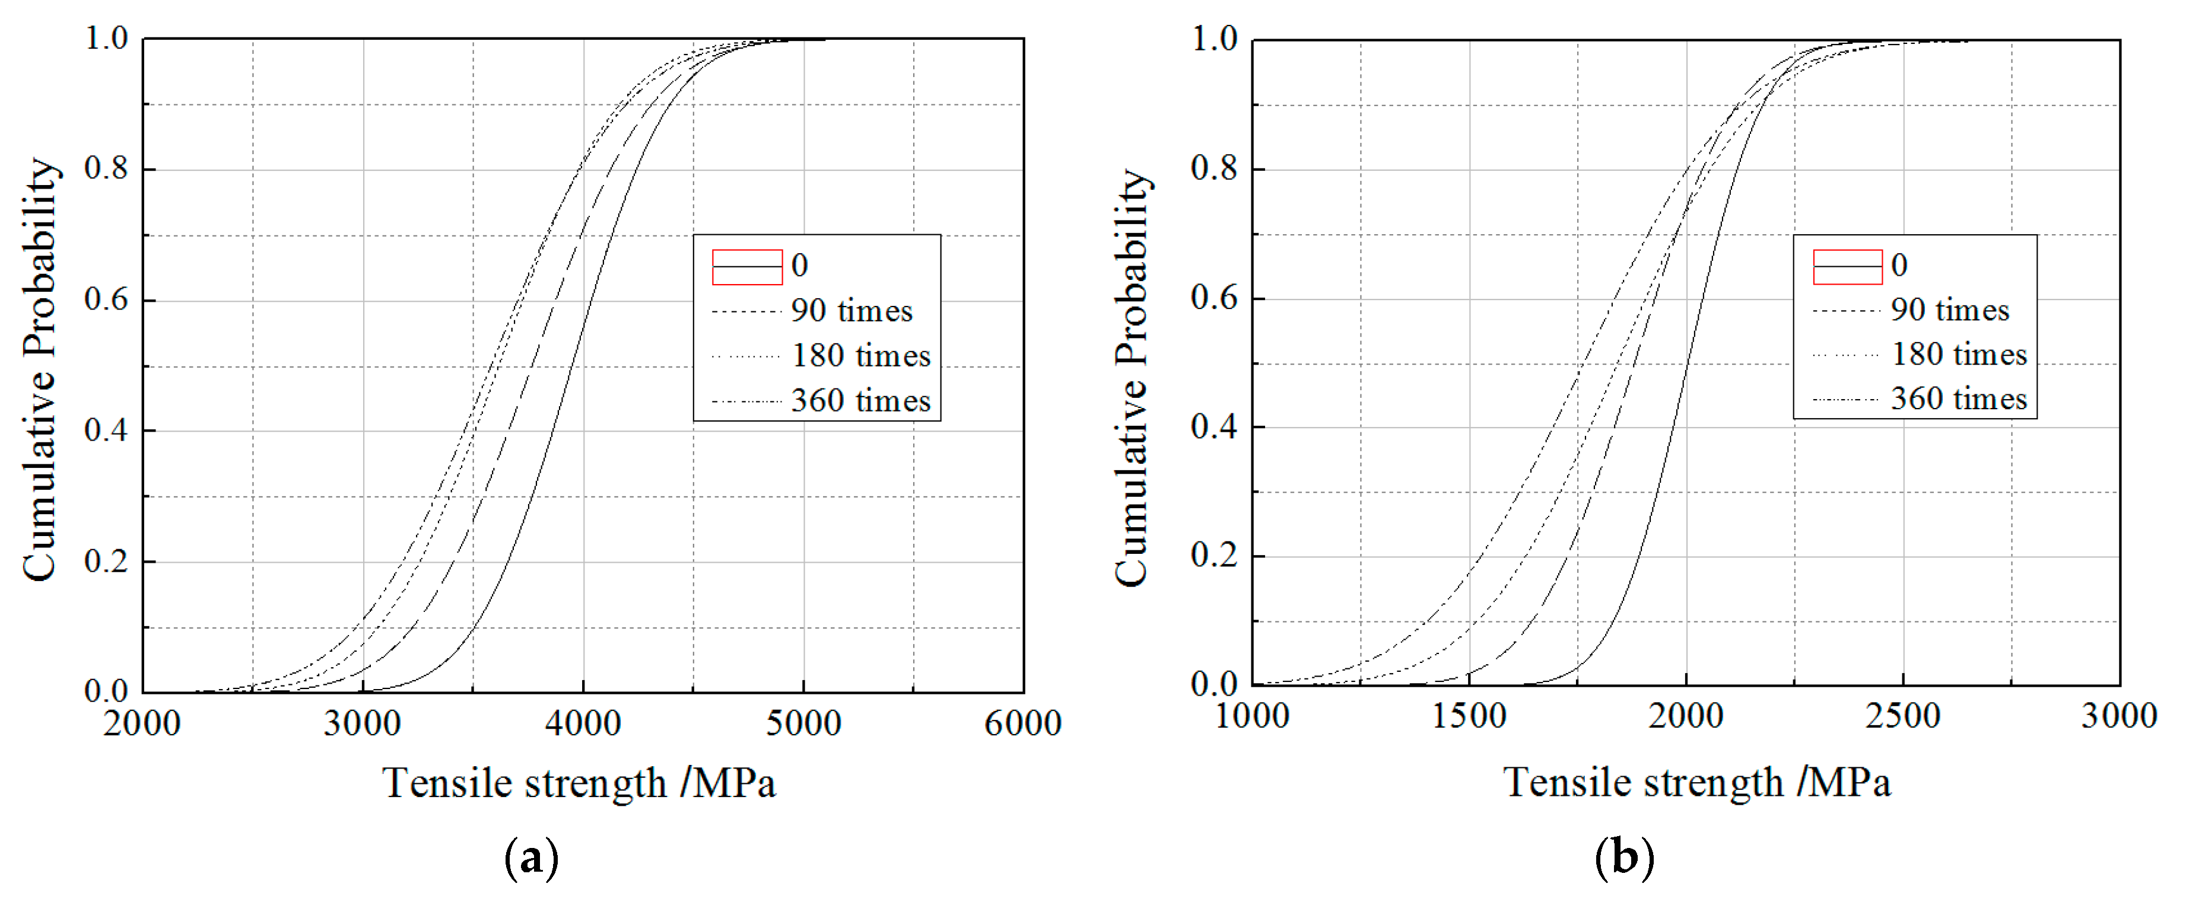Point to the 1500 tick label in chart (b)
(x=1469, y=717)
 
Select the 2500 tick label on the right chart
(x=1902, y=717)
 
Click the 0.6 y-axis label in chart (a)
(x=106, y=299)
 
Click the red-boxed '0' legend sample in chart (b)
(x=1847, y=267)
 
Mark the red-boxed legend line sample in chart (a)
(x=747, y=267)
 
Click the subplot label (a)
(x=531, y=859)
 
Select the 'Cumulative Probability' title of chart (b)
(x=1133, y=378)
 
